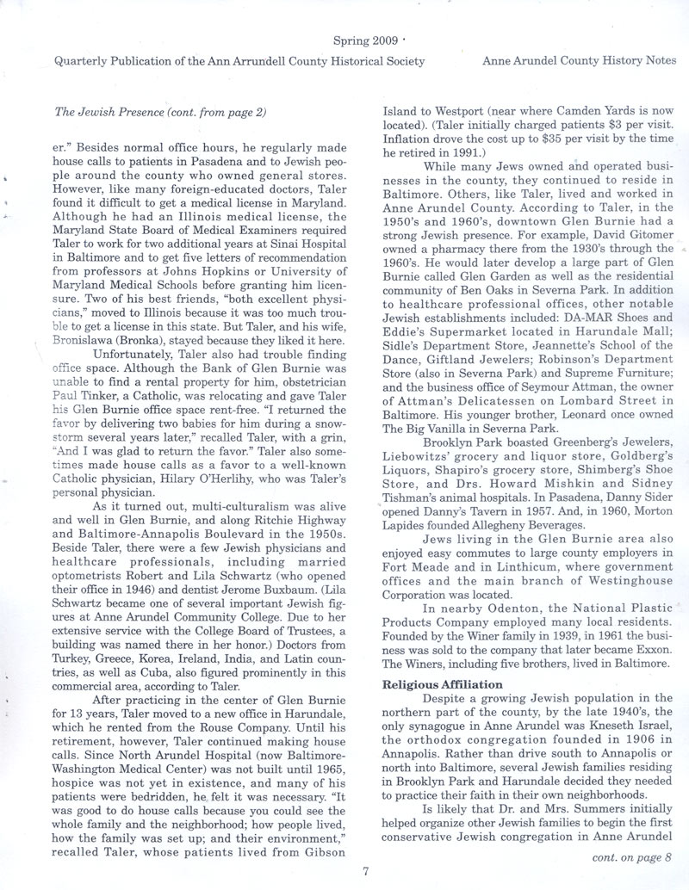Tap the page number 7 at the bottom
[365, 870]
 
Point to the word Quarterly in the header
[83, 61]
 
